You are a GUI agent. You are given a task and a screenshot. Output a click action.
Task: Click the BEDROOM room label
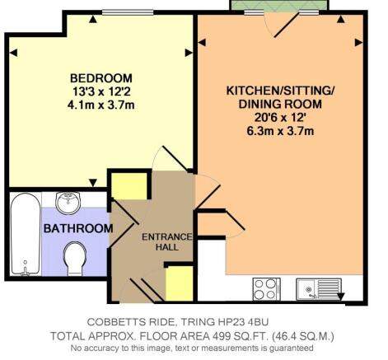(x=101, y=78)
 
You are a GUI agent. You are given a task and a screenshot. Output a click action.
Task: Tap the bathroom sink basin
(x=68, y=203)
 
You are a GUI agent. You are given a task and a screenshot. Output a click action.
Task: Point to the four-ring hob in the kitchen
(x=266, y=289)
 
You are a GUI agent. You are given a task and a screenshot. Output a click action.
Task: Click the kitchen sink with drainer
(x=319, y=289)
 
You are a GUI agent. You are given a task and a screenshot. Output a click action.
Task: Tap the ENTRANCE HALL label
(x=166, y=242)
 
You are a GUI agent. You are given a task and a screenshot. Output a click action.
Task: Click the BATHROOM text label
(x=78, y=228)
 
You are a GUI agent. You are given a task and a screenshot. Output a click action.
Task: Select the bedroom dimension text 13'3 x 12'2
(x=101, y=91)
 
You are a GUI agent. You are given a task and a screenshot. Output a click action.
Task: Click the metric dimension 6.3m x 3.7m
(x=280, y=131)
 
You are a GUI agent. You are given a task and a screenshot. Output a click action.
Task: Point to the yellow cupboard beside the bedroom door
(x=129, y=186)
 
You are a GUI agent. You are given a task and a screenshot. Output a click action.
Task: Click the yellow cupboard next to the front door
(x=179, y=283)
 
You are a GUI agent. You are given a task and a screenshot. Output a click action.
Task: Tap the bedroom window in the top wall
(x=128, y=12)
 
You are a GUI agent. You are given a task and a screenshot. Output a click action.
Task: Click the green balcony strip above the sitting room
(x=279, y=5)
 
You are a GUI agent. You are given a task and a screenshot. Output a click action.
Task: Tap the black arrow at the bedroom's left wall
(x=14, y=53)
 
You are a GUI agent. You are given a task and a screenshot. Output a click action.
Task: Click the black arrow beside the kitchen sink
(x=340, y=297)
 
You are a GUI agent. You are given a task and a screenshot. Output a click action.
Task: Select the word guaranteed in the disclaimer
(x=292, y=348)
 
